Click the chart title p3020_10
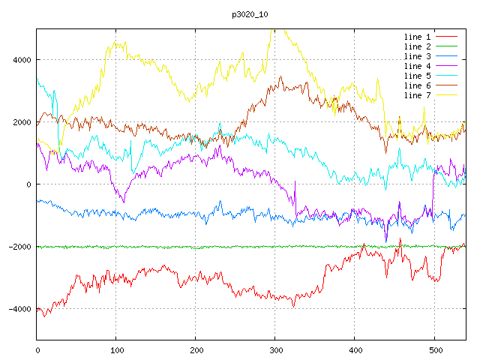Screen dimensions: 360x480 click(240, 13)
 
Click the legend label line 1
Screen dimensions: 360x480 click(417, 37)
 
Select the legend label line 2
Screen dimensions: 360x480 click(417, 46)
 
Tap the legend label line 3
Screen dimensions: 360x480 click(417, 56)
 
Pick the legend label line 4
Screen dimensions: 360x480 click(417, 66)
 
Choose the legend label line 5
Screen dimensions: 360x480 click(417, 76)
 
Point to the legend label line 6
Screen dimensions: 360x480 click(417, 85)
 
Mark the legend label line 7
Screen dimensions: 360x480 click(417, 95)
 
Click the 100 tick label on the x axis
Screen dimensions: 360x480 click(116, 349)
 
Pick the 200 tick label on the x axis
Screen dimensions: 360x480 click(196, 349)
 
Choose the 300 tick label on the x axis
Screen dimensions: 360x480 click(275, 349)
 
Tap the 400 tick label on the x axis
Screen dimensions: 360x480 click(355, 349)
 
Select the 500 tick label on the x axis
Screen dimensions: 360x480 click(434, 349)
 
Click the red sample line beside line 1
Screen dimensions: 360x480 click(447, 37)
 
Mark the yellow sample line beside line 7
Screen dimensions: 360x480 click(447, 95)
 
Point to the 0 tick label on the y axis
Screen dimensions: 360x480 click(28, 184)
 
